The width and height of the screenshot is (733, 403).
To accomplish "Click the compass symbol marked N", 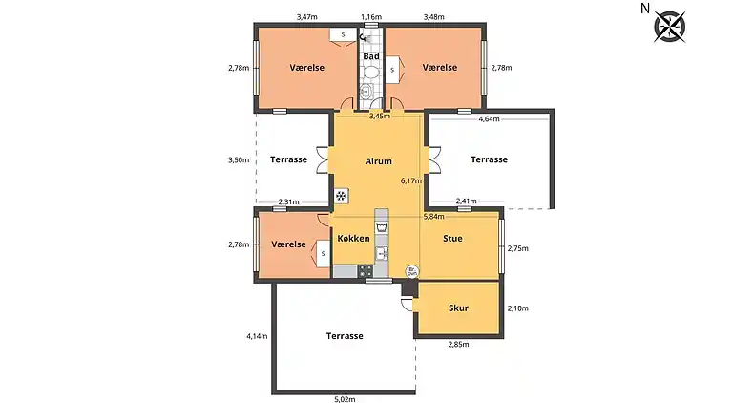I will [668, 25].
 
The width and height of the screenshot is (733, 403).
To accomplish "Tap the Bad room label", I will [371, 56].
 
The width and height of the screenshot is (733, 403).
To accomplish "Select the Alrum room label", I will [379, 160].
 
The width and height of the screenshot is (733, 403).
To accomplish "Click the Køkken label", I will [353, 238].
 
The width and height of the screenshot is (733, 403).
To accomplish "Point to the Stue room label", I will [452, 238].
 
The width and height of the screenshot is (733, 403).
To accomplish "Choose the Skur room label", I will [457, 308].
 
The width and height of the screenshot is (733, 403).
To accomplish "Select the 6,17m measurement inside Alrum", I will [410, 180].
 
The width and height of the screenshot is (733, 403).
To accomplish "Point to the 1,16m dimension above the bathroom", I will [371, 17].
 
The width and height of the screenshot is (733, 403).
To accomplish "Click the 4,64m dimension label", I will [489, 119].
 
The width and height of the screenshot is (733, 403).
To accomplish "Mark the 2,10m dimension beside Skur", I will [517, 308].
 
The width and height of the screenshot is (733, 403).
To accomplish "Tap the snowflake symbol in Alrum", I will [341, 196].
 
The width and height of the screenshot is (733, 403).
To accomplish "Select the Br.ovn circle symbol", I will [412, 271].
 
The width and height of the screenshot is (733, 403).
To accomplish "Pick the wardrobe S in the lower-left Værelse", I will [323, 253].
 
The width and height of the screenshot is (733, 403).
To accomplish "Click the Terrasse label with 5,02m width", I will [345, 336].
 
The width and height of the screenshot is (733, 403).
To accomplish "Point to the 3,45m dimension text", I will [379, 116].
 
